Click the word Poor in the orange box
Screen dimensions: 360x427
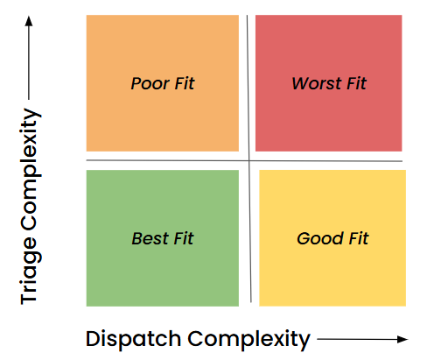[149, 84]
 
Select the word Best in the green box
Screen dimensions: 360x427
[149, 238]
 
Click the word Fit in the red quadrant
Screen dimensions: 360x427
[355, 84]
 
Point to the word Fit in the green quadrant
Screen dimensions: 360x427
[182, 238]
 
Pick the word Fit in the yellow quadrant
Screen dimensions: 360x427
[358, 238]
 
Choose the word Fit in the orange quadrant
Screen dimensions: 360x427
[184, 84]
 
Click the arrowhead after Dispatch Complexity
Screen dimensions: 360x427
[403, 338]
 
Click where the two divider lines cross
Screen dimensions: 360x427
[250, 161]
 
